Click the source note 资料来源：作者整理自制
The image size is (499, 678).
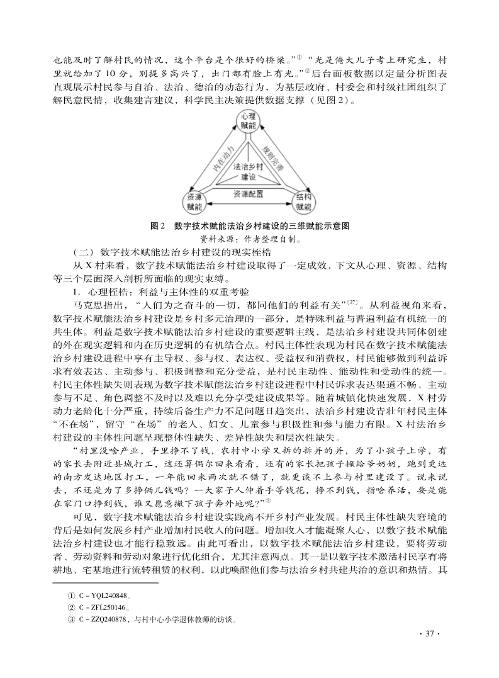(x=249, y=239)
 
